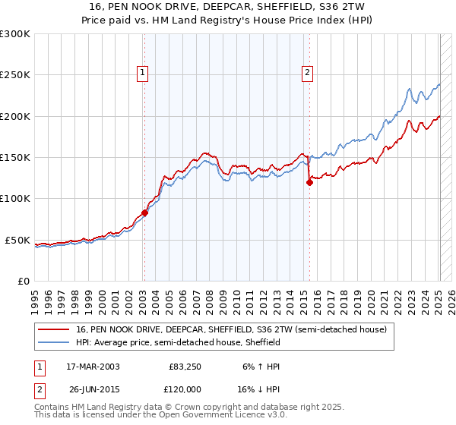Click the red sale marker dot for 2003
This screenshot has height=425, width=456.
[x=144, y=212]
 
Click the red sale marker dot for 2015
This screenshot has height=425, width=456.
[x=309, y=182]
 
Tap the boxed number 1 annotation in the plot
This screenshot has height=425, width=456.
[x=142, y=73]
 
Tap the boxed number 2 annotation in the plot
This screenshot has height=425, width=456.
[x=307, y=73]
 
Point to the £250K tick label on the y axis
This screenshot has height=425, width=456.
[x=15, y=75]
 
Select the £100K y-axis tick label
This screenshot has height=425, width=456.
[x=15, y=199]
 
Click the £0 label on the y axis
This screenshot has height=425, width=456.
[x=24, y=281]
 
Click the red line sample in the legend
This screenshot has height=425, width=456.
[x=55, y=329]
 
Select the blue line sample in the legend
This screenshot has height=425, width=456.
[x=55, y=342]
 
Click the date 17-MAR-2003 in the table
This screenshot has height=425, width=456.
[x=93, y=366]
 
